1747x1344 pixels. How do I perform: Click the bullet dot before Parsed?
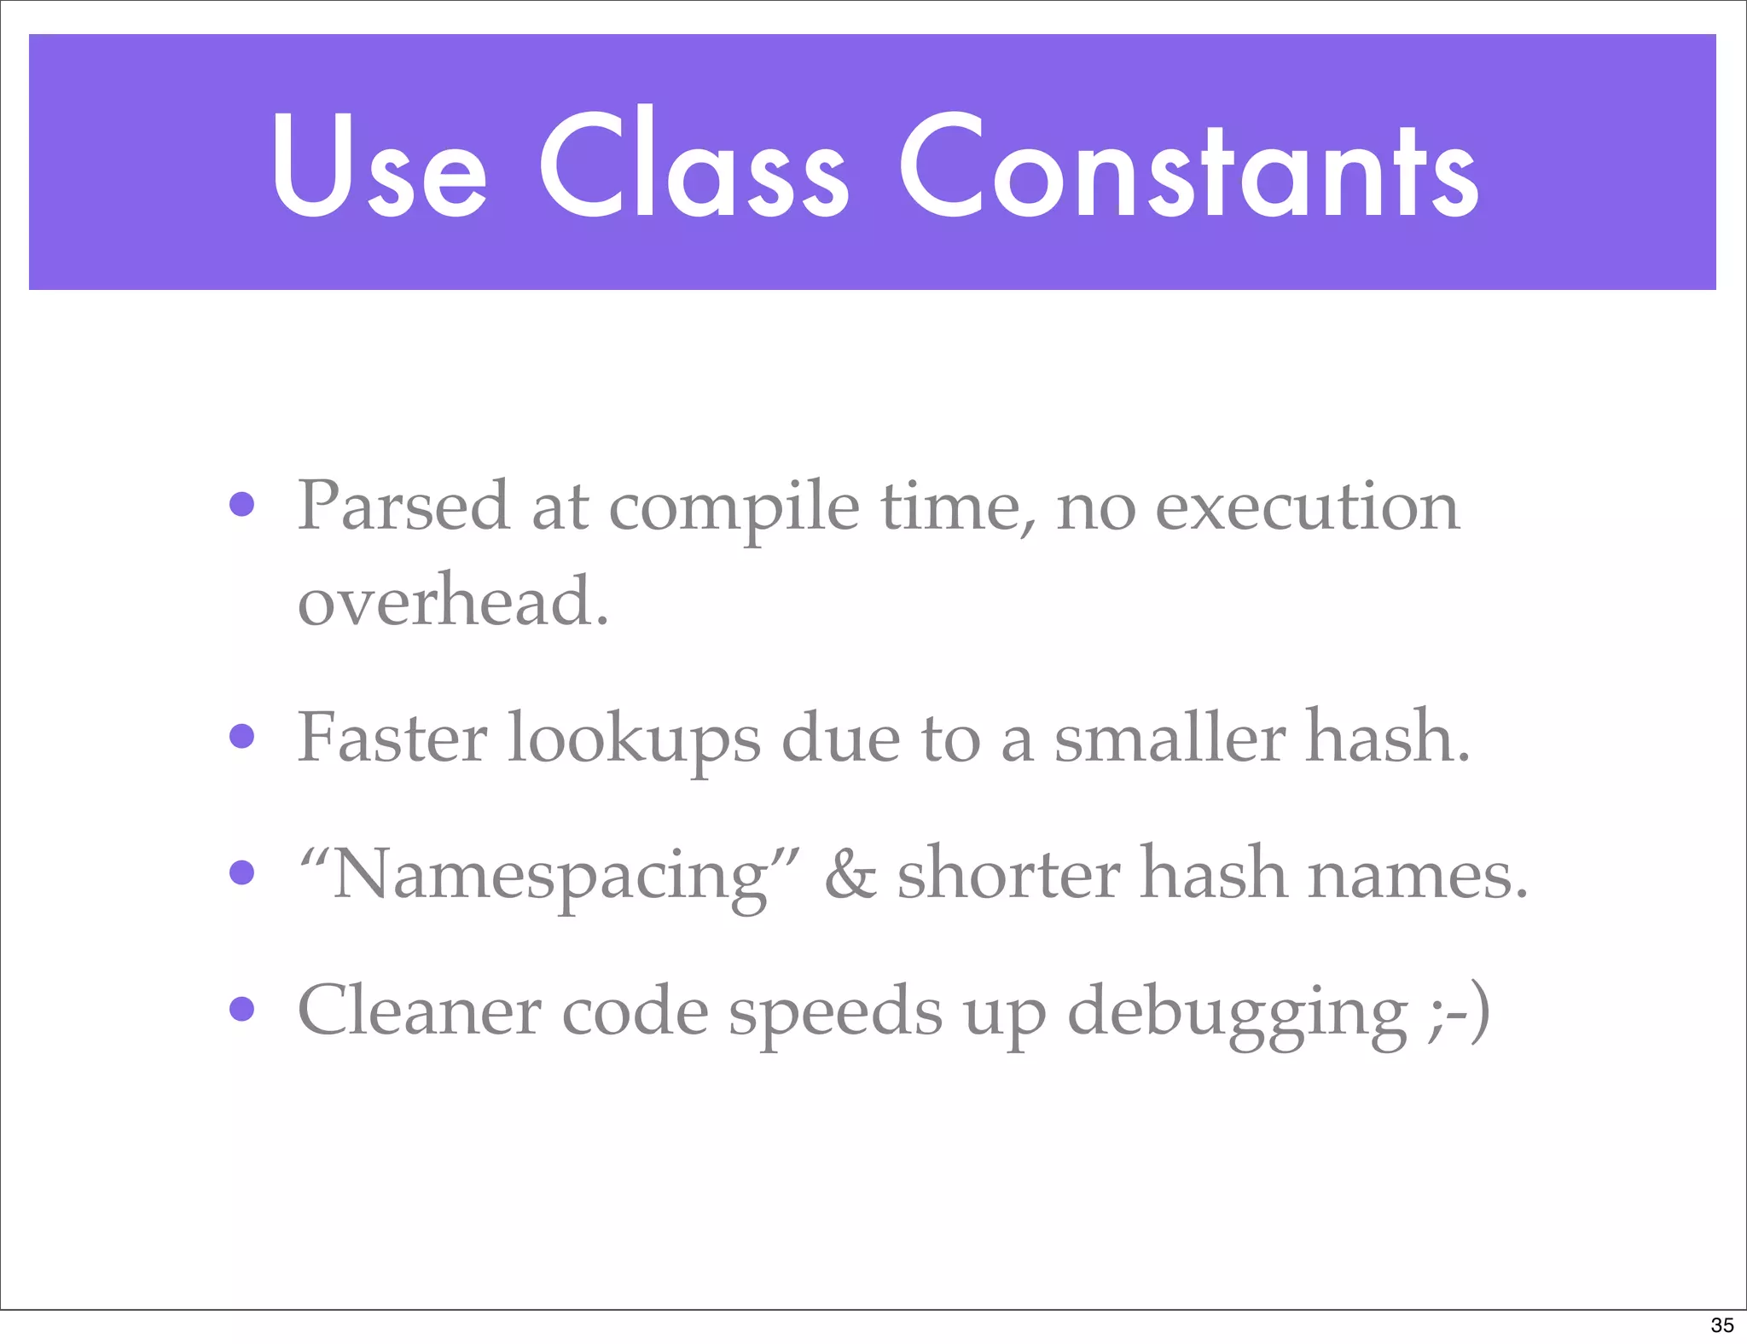242,504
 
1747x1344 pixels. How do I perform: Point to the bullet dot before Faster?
242,735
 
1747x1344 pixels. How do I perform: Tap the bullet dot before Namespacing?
242,872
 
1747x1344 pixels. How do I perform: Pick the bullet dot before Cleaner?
242,1009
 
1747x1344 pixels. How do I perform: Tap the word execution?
1307,507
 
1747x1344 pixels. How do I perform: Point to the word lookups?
634,739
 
